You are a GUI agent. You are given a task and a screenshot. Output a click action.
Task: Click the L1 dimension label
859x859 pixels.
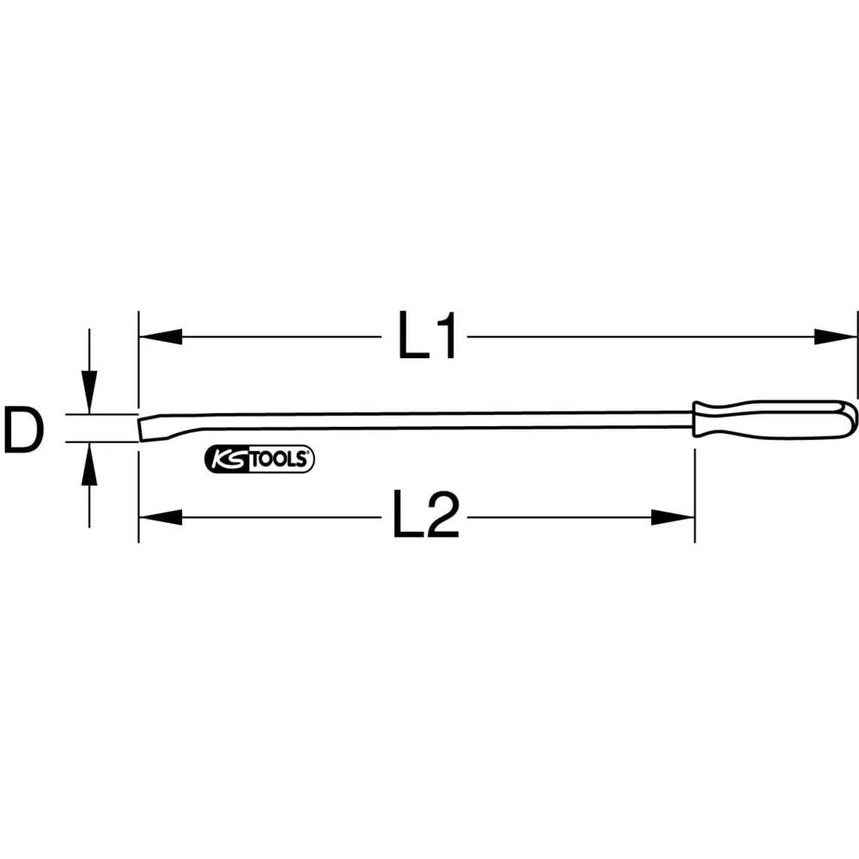[x=427, y=336]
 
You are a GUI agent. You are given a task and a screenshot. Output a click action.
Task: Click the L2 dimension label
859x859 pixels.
[x=427, y=516]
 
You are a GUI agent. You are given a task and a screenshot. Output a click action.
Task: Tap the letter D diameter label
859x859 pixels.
[x=22, y=430]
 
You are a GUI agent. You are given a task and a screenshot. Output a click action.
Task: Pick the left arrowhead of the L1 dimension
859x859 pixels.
[x=160, y=337]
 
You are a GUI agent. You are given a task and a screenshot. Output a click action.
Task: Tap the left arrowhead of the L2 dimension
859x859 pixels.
[x=160, y=517]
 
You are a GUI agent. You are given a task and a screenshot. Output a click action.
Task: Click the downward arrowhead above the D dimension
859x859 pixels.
[x=88, y=392]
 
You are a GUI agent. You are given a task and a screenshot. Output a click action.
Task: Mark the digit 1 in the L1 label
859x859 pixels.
[x=447, y=336]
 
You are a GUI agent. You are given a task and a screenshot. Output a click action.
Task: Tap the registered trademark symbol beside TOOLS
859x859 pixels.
[x=310, y=453]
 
